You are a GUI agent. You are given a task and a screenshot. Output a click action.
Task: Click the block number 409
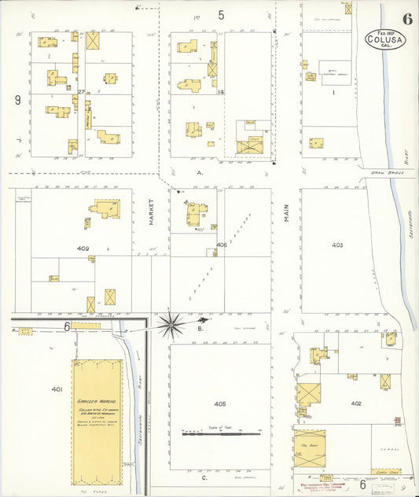(x=83, y=249)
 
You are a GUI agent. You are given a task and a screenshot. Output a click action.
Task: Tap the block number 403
(x=337, y=245)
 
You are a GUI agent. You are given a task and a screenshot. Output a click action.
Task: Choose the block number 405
(x=220, y=403)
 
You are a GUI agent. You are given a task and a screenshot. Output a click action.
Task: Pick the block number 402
(x=355, y=403)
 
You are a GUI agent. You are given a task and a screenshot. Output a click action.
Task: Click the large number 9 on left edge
(x=17, y=100)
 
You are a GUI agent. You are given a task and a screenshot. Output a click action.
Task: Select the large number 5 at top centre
(x=222, y=15)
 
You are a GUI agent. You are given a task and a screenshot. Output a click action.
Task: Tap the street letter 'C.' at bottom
(x=204, y=477)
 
